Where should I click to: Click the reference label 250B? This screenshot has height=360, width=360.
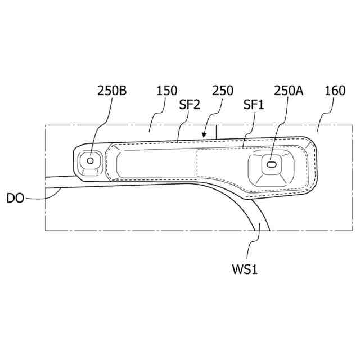tap(112, 91)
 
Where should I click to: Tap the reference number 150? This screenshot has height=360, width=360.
tap(167, 91)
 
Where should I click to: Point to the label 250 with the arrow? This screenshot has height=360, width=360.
tap(223, 91)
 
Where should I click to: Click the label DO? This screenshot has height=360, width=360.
tap(15, 198)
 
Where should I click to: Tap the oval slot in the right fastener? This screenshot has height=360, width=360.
tap(272, 164)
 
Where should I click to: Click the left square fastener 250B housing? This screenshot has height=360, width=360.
tap(89, 161)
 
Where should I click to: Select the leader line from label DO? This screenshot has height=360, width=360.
tap(45, 196)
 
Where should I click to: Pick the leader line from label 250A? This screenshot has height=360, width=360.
tap(281, 129)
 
